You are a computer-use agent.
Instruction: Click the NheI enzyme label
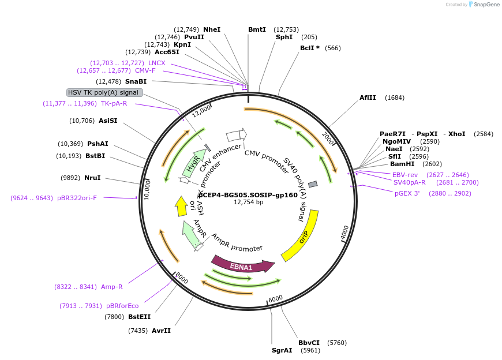pyautogui.click(x=212, y=29)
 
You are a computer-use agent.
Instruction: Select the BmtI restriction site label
pyautogui.click(x=257, y=29)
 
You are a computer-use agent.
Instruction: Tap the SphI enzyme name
pyautogui.click(x=284, y=37)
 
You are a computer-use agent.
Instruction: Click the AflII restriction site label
pyautogui.click(x=368, y=97)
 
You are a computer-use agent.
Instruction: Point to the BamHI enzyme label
pyautogui.click(x=402, y=164)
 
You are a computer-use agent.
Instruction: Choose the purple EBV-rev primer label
pyautogui.click(x=405, y=175)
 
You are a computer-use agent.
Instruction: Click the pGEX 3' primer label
pyautogui.click(x=407, y=193)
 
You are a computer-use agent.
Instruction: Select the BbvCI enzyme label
pyautogui.click(x=309, y=343)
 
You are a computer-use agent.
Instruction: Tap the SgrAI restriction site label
pyautogui.click(x=282, y=350)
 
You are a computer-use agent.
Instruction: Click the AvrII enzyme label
pyautogui.click(x=161, y=331)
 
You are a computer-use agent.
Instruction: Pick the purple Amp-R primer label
pyautogui.click(x=112, y=287)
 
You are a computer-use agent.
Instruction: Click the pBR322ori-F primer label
pyautogui.click(x=77, y=198)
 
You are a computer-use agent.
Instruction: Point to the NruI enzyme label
pyautogui.click(x=92, y=178)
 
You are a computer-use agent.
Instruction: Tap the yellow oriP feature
pyautogui.click(x=302, y=236)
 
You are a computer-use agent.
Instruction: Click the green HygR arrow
pyautogui.click(x=193, y=162)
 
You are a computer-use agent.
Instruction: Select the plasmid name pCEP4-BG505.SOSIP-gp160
pyautogui.click(x=248, y=195)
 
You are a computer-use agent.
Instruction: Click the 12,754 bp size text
pyautogui.click(x=248, y=202)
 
